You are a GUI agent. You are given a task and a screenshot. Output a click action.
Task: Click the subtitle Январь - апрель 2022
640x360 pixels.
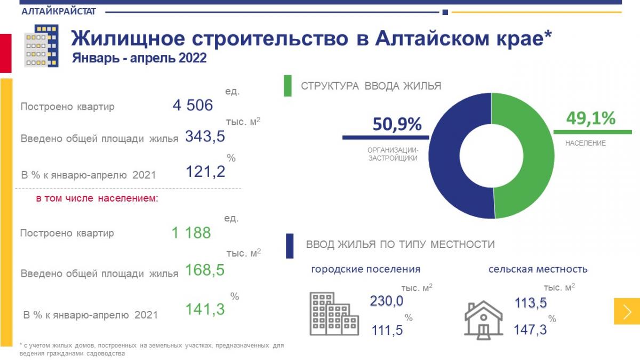(x=139, y=58)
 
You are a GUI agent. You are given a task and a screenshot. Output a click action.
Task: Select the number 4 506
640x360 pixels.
(x=193, y=105)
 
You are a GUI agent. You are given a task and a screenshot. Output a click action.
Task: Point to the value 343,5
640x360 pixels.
(x=205, y=137)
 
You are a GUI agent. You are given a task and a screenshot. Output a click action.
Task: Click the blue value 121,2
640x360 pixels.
(x=205, y=172)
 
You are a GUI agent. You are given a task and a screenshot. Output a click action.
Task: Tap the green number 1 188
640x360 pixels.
(x=191, y=233)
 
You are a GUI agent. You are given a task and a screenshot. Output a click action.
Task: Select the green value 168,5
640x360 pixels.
(x=204, y=270)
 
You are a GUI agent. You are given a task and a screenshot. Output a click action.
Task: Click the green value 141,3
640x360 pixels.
(x=205, y=309)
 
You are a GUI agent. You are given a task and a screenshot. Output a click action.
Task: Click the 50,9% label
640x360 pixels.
(x=397, y=124)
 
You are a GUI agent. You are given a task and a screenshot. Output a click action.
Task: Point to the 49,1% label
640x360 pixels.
(x=590, y=118)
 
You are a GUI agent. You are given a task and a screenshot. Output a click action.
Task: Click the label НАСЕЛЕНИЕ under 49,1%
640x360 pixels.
(x=585, y=143)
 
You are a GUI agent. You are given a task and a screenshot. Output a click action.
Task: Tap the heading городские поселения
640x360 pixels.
(x=366, y=269)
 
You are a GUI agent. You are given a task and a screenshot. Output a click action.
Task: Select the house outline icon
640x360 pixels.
(x=484, y=319)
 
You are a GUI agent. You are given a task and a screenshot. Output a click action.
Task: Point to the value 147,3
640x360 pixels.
(x=530, y=330)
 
